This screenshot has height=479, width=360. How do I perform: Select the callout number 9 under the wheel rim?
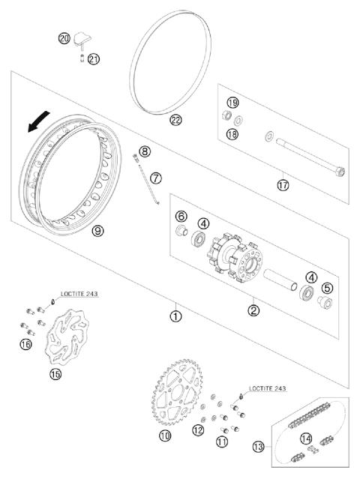[97, 232]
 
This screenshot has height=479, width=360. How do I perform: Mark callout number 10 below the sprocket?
[165, 435]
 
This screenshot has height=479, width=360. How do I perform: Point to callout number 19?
[233, 103]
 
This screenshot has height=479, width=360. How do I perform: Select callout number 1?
[175, 316]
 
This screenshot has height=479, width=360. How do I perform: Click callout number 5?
[328, 287]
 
